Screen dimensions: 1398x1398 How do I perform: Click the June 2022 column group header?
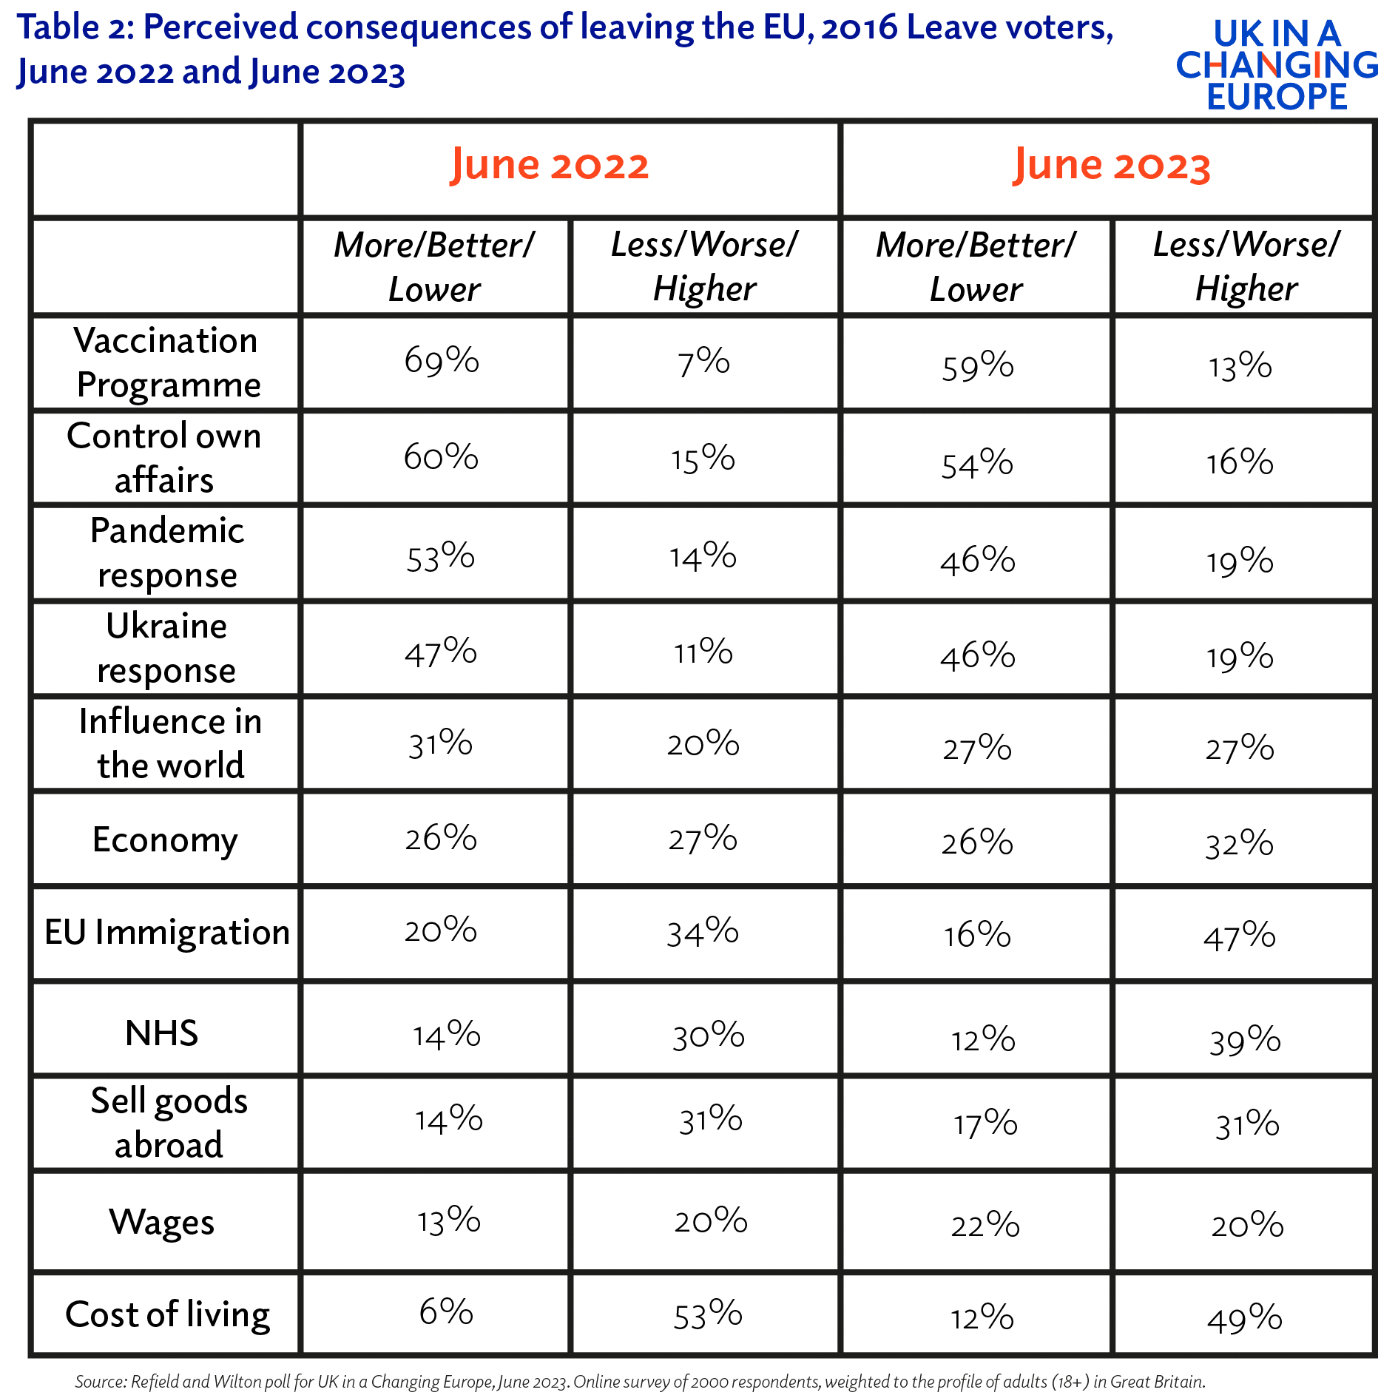coord(550,165)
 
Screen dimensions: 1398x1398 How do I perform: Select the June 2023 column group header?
coord(1112,165)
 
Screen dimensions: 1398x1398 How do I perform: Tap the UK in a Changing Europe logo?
coord(1277,65)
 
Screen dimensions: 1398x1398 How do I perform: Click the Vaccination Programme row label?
coord(167,362)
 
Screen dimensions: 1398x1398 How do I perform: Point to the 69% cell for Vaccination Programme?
coord(442,360)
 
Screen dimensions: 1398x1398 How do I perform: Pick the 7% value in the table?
coord(703,362)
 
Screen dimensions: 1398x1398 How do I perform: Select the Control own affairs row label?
coord(164,457)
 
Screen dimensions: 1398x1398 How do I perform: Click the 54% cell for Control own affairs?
coord(977,464)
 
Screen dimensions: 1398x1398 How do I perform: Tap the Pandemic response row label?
coord(167,553)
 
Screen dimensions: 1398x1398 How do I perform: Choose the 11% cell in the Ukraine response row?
coord(703,652)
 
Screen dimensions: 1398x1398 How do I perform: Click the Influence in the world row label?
coord(170,743)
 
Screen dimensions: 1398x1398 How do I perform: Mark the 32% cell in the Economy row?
coord(1240,843)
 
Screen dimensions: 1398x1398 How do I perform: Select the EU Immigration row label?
coord(167,932)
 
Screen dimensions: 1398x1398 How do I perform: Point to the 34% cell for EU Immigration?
coord(703,931)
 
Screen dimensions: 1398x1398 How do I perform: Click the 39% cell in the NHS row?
coord(1245,1040)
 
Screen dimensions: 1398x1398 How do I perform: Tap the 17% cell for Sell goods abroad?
coord(985,1124)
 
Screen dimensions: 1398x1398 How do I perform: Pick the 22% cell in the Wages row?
coord(985,1224)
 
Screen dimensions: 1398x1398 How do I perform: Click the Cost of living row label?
coord(168,1314)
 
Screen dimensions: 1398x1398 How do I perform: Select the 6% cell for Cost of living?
coord(446,1311)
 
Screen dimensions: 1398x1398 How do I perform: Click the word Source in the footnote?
coord(101,1381)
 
